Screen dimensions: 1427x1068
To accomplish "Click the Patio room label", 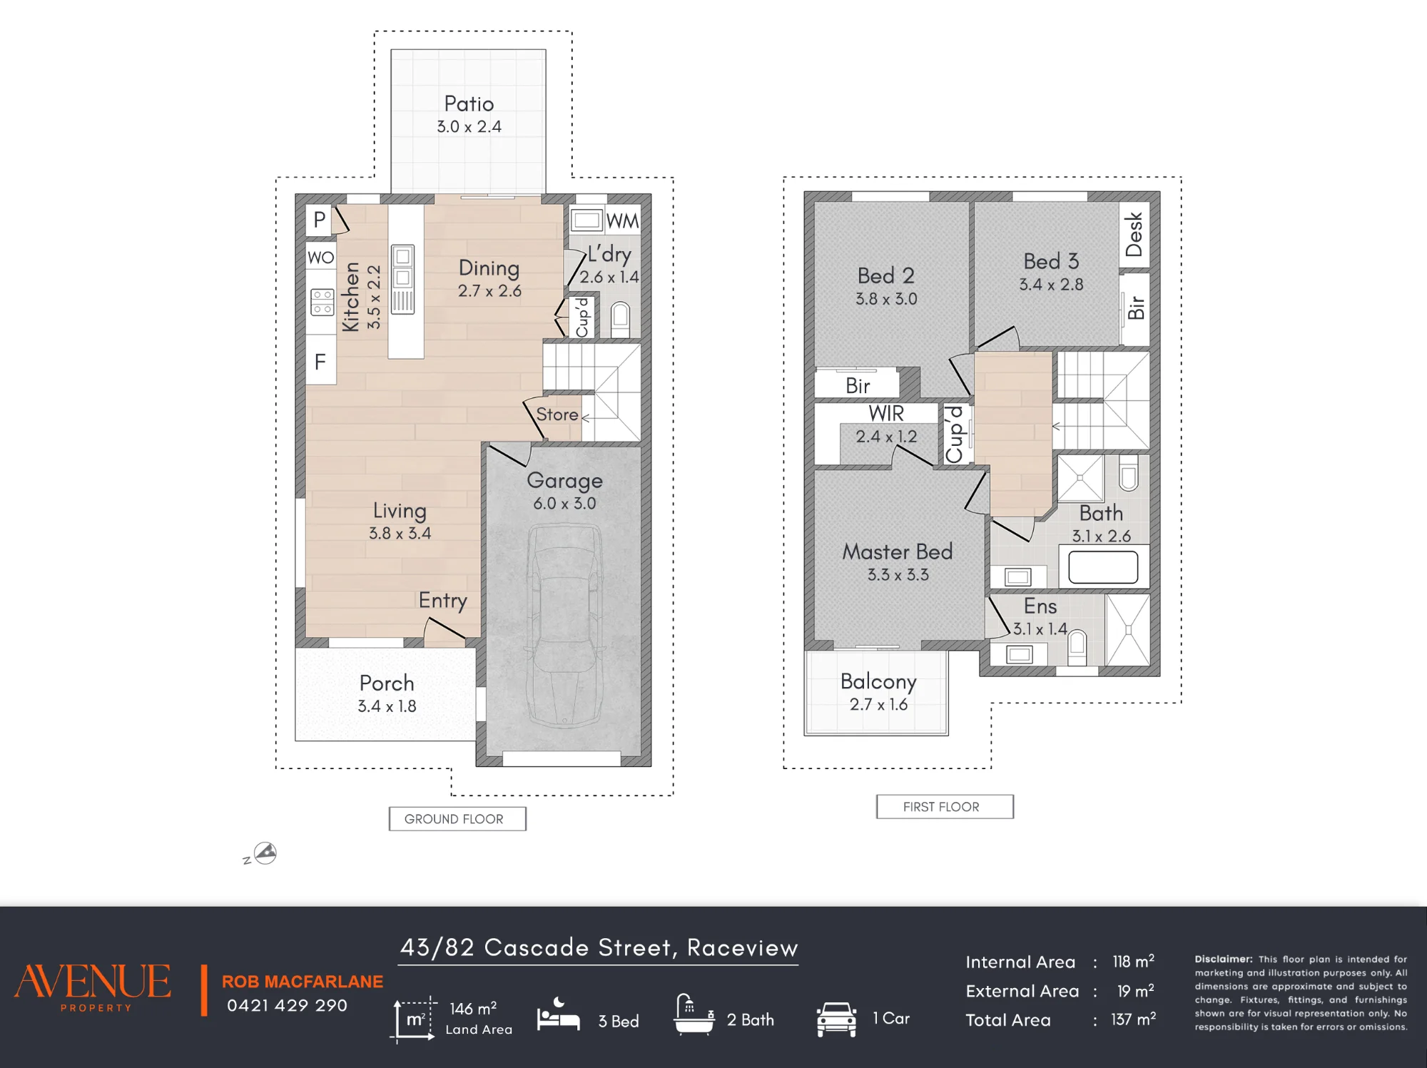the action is point(469,104).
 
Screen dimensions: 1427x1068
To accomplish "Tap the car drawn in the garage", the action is point(564,626).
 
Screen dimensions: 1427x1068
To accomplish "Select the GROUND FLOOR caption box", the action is point(457,818).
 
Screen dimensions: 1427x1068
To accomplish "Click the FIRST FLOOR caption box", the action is point(945,806).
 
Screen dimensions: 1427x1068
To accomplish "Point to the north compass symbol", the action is point(265,853).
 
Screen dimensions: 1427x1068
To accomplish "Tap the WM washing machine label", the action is point(623,221).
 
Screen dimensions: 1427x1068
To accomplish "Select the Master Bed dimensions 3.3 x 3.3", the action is point(898,574).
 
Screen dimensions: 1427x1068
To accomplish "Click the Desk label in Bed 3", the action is point(1134,234).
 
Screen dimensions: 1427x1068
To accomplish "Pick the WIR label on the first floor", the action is point(886,414).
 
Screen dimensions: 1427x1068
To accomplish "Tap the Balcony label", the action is point(878,681).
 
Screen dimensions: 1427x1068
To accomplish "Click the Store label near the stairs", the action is point(557,415).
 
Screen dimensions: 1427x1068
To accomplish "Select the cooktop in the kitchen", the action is point(322,302).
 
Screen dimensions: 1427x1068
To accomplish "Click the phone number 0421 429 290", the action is point(287,1005).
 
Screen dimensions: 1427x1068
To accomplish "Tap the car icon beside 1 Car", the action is point(836,1019).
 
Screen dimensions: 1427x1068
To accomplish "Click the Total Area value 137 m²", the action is point(1133,1019).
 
